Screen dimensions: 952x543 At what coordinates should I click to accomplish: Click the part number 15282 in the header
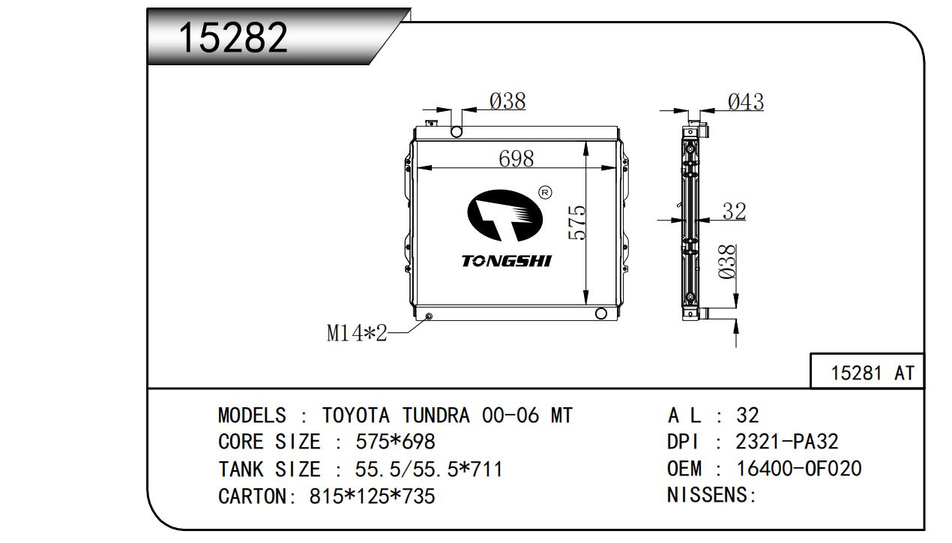pos(233,37)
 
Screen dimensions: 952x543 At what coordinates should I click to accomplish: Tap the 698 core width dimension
pos(516,159)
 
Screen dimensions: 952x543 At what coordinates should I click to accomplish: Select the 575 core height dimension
pos(576,223)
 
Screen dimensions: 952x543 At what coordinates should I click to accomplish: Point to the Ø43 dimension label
pos(745,102)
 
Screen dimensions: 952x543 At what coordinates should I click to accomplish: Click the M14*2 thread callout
pos(357,333)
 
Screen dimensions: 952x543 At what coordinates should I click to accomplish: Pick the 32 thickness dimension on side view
pos(734,211)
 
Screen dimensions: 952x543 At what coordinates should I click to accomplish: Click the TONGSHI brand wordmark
pos(507,261)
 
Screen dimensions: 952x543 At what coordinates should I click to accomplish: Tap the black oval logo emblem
pos(505,215)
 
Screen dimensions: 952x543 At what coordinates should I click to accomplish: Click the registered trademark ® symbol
pos(545,193)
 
